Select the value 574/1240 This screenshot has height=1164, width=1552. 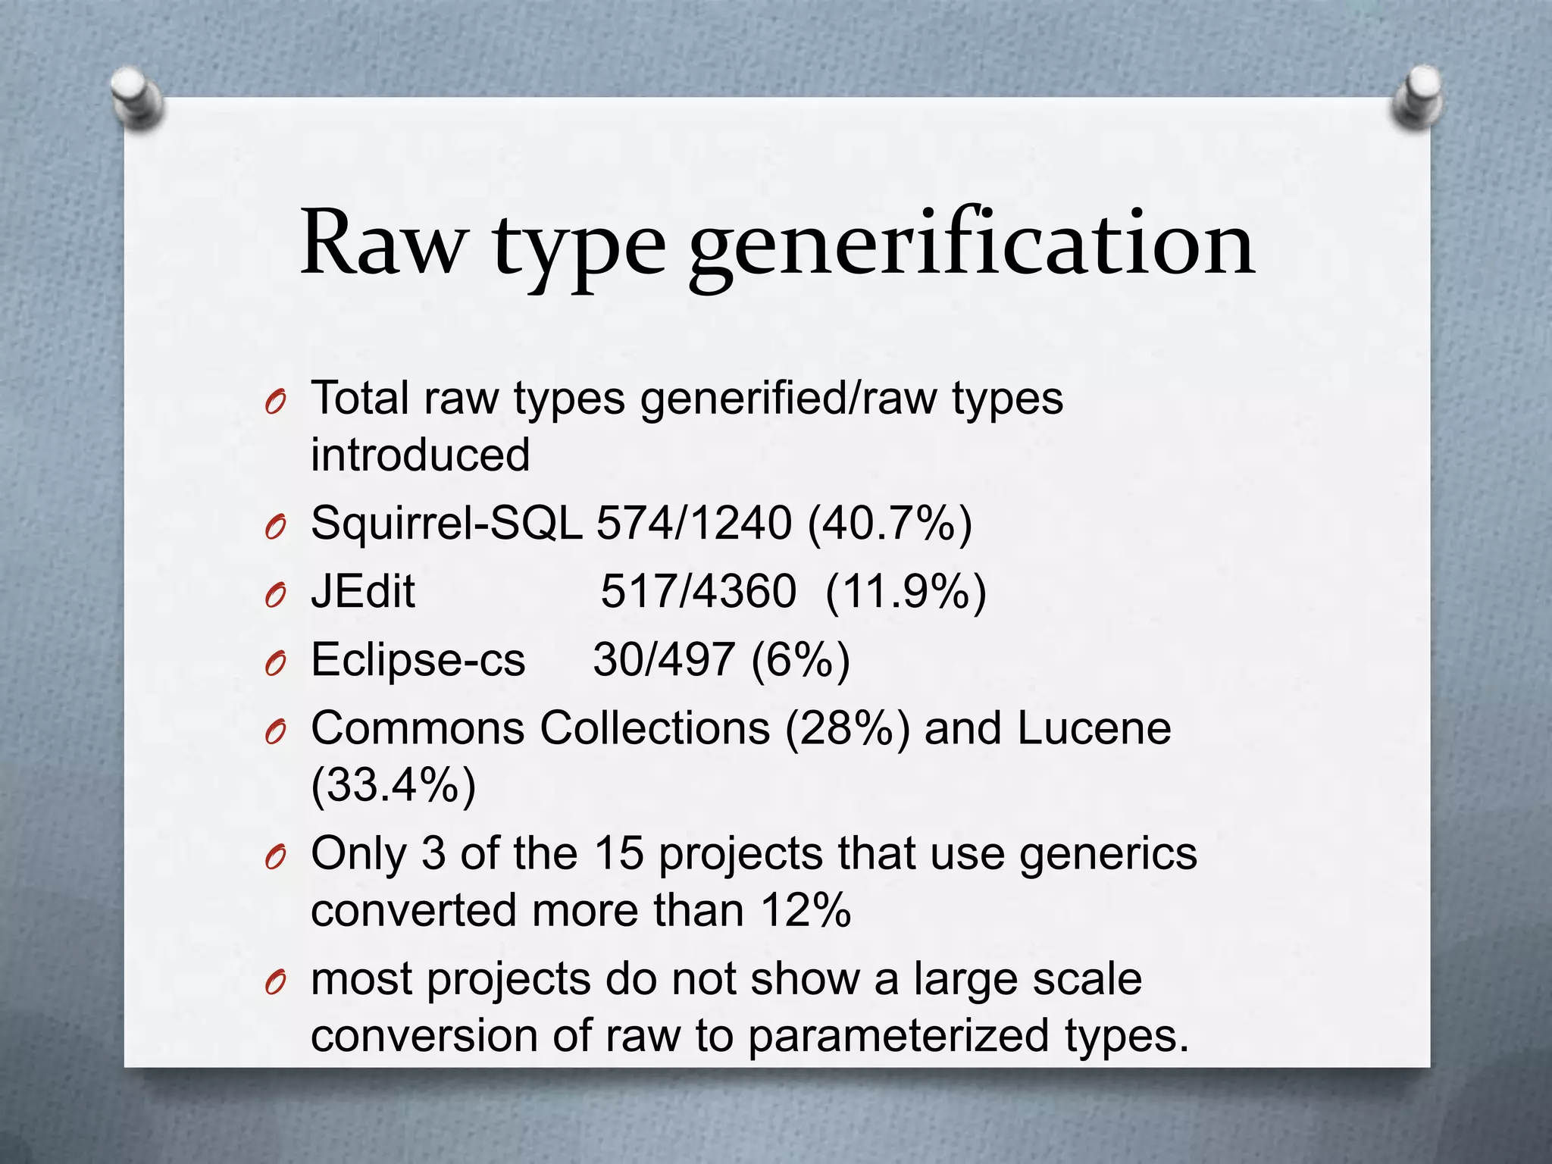[694, 523]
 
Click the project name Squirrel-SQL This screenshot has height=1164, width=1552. [446, 523]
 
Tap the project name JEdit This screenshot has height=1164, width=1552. [363, 591]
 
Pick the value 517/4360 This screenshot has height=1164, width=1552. [698, 591]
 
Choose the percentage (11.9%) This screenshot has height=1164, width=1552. [906, 591]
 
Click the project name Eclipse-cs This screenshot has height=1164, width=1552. [418, 659]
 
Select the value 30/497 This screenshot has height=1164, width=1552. [663, 659]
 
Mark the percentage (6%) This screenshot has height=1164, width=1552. [800, 659]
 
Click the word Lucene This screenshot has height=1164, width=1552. [1094, 728]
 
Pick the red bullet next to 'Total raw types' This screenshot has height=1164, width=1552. [275, 402]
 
